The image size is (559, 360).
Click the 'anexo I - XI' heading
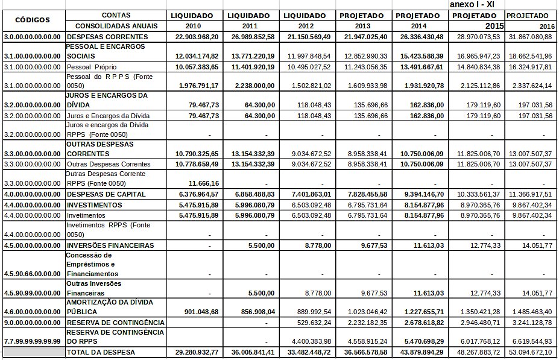[473, 4]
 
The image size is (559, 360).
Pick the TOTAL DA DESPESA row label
[101, 352]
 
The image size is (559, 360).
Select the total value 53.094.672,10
[531, 352]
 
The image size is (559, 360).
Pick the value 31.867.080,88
[531, 37]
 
